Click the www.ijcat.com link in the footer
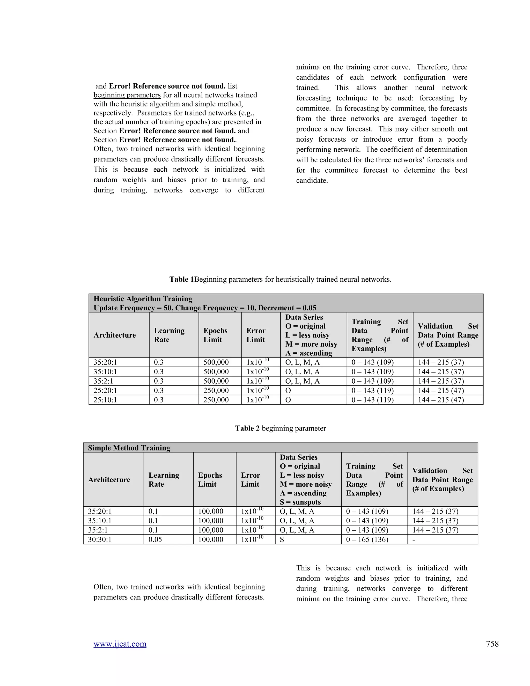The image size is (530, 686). coord(120,644)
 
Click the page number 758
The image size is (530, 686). coord(492,644)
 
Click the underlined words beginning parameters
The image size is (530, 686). coord(127,95)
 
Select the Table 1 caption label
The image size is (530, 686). coord(181,279)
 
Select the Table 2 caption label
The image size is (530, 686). coord(247,428)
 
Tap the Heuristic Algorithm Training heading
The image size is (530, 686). coord(143,299)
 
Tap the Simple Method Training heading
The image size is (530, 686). coord(129,448)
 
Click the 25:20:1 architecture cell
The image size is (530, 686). coord(105,390)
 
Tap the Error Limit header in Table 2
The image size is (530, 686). coord(250,479)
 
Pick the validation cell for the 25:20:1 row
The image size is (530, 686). coord(440,390)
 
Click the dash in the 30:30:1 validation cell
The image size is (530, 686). coord(414,539)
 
